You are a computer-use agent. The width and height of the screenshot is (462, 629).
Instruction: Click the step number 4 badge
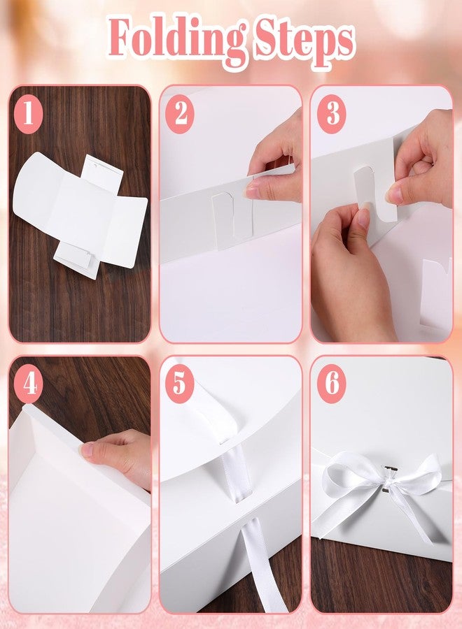[29, 384]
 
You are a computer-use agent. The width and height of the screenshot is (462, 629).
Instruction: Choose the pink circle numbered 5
[180, 384]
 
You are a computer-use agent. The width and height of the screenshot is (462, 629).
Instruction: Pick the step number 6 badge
[331, 384]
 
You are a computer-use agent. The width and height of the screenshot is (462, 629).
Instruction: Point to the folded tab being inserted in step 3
[374, 193]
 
